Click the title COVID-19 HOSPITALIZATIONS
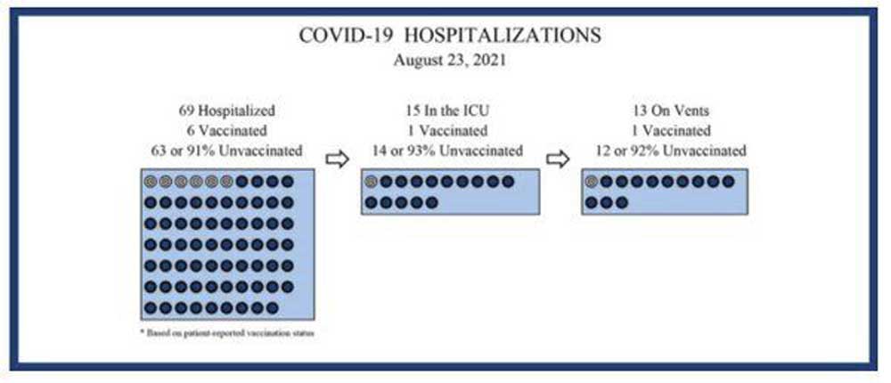point(449,36)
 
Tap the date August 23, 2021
point(449,61)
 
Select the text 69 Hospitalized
point(226,110)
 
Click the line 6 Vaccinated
point(226,131)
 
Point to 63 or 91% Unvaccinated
point(223,151)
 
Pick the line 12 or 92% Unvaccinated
point(671,151)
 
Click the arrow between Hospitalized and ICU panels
point(337,159)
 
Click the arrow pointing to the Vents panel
point(558,159)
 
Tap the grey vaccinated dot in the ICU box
point(371,182)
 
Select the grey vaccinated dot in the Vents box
point(591,182)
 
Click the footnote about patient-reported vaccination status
point(226,333)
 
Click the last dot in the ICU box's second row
point(432,202)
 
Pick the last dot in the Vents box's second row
point(622,202)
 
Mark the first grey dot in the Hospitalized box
point(150,182)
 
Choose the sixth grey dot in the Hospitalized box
point(226,182)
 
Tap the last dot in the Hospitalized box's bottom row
point(272,308)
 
